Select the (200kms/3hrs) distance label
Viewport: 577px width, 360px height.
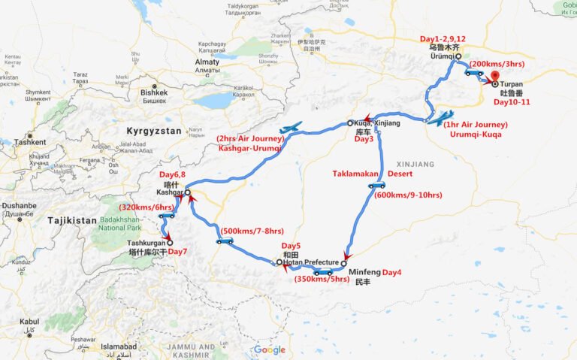pyautogui.click(x=496, y=65)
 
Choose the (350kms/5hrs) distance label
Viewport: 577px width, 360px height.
pyautogui.click(x=321, y=280)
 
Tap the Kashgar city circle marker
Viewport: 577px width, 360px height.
pyautogui.click(x=188, y=193)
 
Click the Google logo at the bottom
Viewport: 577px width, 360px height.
pyautogui.click(x=269, y=349)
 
